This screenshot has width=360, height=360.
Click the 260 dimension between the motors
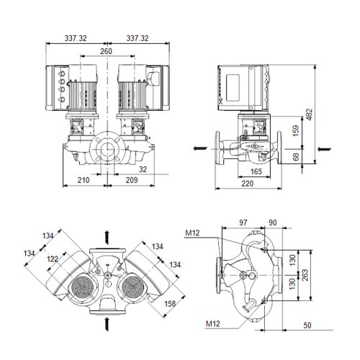[x=106, y=51]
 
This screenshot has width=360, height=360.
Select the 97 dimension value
[x=244, y=223]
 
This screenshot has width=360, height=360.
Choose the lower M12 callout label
[x=212, y=324]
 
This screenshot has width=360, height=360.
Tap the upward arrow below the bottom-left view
[x=108, y=317]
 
